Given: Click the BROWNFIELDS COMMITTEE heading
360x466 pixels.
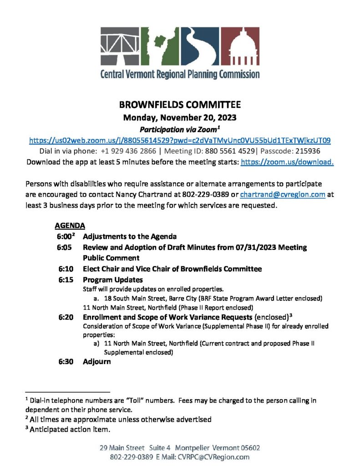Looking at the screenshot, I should (x=180, y=105).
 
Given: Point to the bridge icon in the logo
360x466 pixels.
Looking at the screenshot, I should (x=120, y=46).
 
